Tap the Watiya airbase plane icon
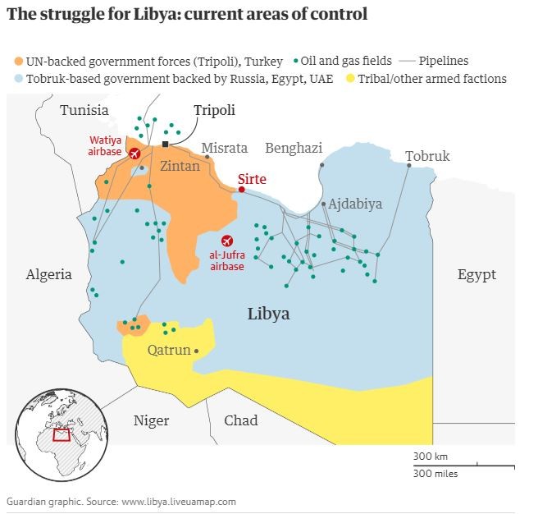(134, 154)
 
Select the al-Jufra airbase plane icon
(226, 240)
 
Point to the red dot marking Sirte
(241, 190)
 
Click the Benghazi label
(293, 148)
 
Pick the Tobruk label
(427, 156)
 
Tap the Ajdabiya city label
(356, 204)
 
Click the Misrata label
(224, 148)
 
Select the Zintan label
(180, 166)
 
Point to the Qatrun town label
(168, 351)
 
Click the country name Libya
(268, 314)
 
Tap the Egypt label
(476, 274)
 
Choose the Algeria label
(48, 274)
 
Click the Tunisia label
(84, 110)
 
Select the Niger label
(151, 420)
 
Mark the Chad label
(241, 420)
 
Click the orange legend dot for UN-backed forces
(18, 61)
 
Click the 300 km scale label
(430, 457)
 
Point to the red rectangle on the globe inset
(62, 434)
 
